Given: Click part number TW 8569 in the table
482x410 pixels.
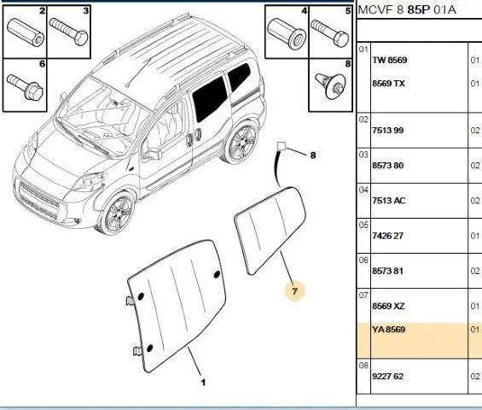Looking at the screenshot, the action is coord(390,60).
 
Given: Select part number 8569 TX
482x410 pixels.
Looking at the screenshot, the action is coord(388,84).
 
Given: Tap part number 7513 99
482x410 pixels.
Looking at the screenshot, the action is coord(387,130).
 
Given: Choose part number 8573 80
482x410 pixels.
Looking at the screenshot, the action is coord(387,166).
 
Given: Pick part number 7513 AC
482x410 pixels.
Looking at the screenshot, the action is coord(389,201).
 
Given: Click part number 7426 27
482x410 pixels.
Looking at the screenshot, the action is coord(387,236).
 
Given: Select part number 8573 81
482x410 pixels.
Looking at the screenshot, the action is coord(387,271).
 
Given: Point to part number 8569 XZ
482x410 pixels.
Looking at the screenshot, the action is coord(388,306).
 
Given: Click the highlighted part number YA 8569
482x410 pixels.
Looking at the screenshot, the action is coord(388,330).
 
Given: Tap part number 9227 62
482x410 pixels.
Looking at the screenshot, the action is coord(387,376).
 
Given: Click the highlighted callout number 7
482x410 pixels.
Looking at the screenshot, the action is coord(295,291).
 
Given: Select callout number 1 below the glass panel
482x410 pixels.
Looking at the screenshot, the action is coord(203,383).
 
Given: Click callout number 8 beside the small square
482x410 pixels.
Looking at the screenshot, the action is coord(313,155).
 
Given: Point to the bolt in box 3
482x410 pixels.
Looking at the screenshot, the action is coord(68,32).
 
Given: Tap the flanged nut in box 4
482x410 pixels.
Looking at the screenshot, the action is coord(287,33).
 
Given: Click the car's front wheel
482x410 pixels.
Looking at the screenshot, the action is coord(119,214).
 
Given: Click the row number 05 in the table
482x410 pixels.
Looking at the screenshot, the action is coord(363,225).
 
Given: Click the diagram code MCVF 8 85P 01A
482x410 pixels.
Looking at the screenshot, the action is coord(407,10).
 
